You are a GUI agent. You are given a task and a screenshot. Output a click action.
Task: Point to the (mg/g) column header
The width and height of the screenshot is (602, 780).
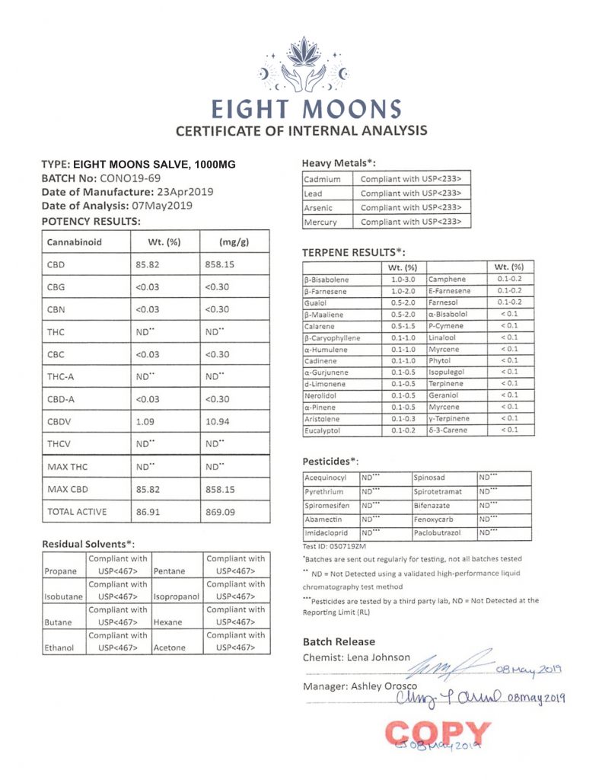[x=230, y=242]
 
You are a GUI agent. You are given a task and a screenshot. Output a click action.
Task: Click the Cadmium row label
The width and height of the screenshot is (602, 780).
[x=322, y=178]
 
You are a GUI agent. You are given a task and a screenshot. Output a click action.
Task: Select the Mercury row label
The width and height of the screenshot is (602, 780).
[x=320, y=222]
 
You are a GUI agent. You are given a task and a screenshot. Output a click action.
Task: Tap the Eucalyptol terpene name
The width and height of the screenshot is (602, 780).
[x=323, y=430]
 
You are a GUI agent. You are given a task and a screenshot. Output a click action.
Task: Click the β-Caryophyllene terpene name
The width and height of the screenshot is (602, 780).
[x=332, y=337]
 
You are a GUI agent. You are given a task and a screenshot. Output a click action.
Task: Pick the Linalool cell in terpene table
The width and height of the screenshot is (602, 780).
[x=442, y=337]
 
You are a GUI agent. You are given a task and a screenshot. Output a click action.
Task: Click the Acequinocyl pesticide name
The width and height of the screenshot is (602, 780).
[x=326, y=478]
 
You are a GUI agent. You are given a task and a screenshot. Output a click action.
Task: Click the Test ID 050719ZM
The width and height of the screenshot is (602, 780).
[x=331, y=546]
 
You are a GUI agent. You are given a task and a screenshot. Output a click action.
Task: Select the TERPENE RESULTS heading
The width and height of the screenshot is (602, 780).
[x=354, y=252]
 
